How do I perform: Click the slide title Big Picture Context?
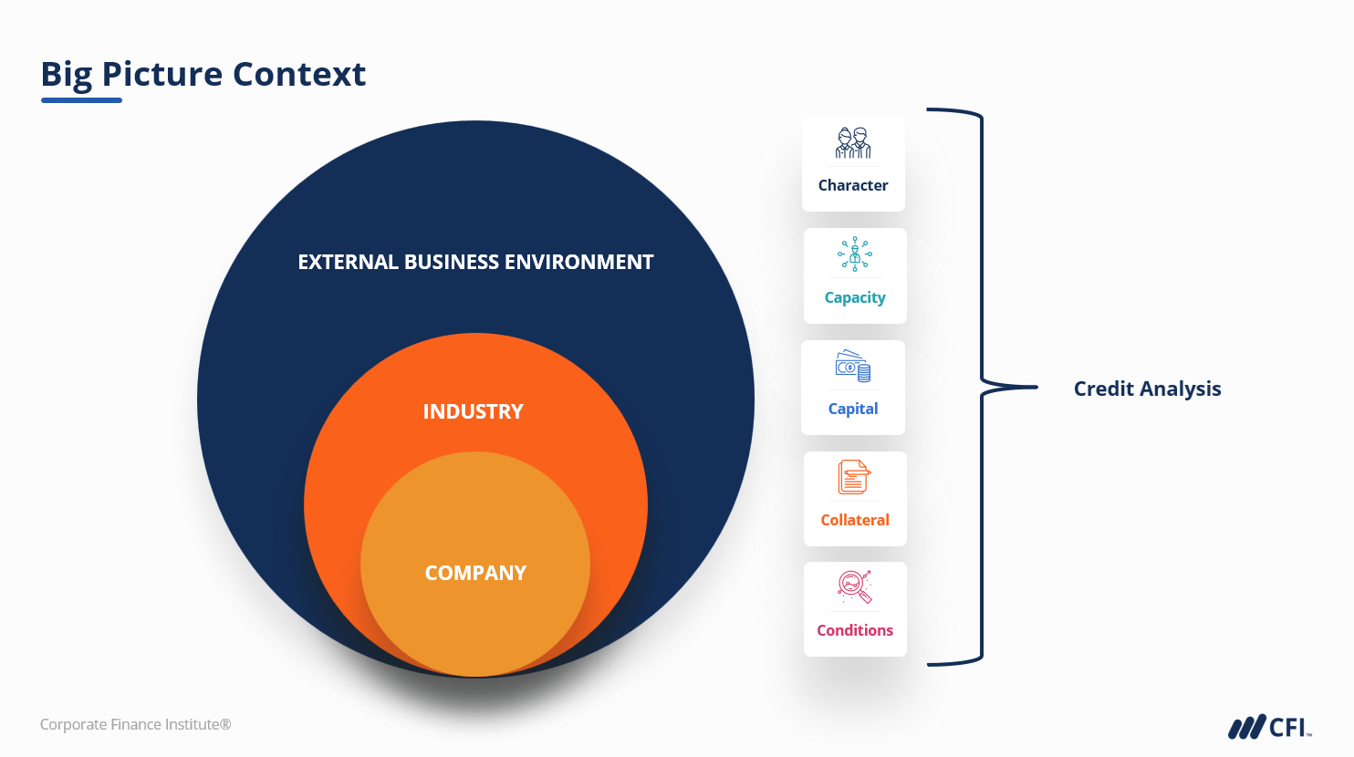pos(203,74)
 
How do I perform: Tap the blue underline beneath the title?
pos(81,100)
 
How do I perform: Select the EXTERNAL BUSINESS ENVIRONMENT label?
pos(475,263)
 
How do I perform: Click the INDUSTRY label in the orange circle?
pos(473,412)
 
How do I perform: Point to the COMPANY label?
pos(475,574)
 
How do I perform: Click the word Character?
pos(853,185)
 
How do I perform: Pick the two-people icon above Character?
pos(853,143)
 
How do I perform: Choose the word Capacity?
pos(855,297)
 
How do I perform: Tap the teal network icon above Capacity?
pos(855,254)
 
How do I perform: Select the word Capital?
pos(853,409)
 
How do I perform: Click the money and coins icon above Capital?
pos(853,366)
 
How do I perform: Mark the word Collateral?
pos(855,520)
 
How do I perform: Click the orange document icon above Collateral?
pos(854,477)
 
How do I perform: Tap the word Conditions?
pos(855,630)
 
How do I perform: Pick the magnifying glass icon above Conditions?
pos(855,587)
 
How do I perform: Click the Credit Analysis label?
pos(1147,389)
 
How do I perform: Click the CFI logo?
pos(1269,727)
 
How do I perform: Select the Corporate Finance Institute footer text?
pos(136,724)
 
